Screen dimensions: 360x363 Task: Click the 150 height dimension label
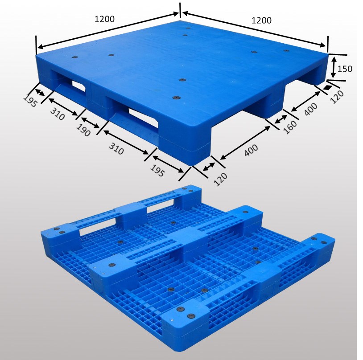tap(345, 69)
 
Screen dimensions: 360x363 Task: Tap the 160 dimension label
tap(289, 127)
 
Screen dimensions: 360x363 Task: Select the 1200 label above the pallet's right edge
tap(261, 20)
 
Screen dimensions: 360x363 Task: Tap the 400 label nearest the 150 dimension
tap(310, 109)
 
